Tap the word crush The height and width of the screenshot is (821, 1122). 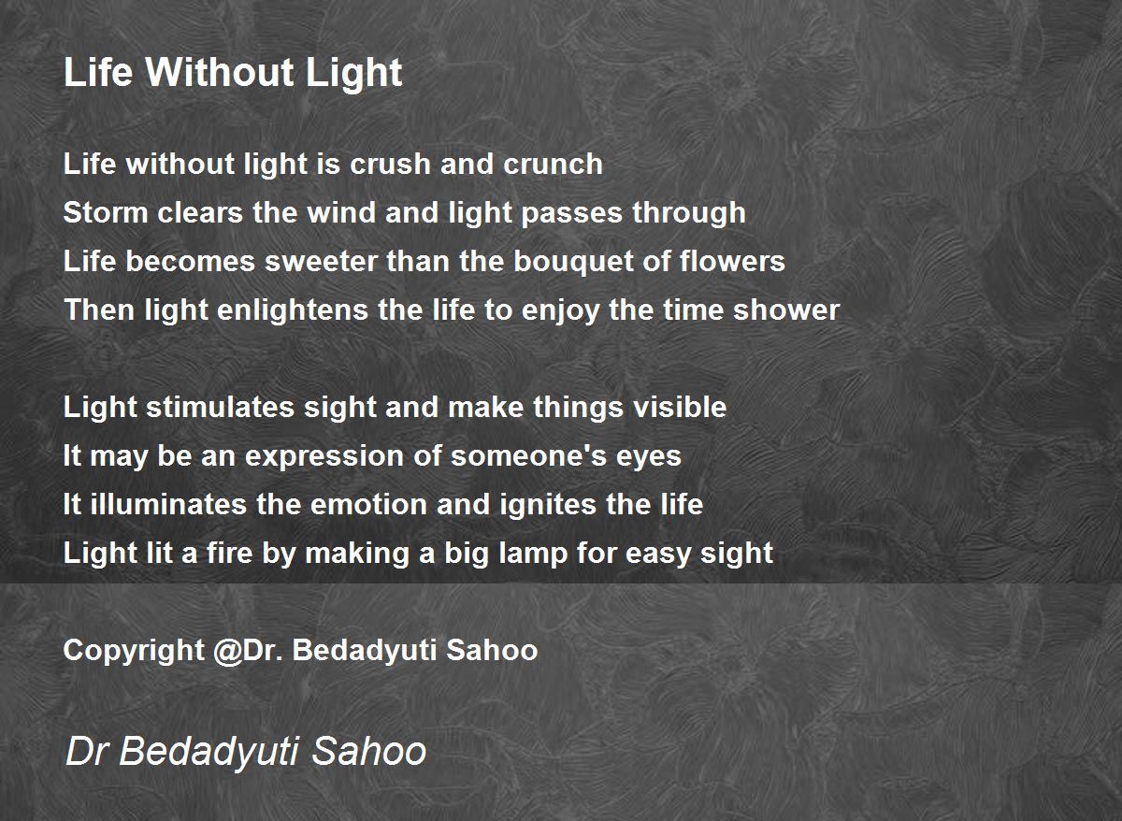[x=390, y=164]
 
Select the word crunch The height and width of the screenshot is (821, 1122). [x=553, y=164]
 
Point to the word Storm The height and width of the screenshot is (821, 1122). [x=106, y=212]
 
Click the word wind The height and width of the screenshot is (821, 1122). [x=341, y=212]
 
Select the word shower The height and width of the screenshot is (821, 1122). [x=786, y=310]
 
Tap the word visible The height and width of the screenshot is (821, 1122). [x=680, y=407]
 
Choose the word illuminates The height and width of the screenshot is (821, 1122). [x=169, y=504]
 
